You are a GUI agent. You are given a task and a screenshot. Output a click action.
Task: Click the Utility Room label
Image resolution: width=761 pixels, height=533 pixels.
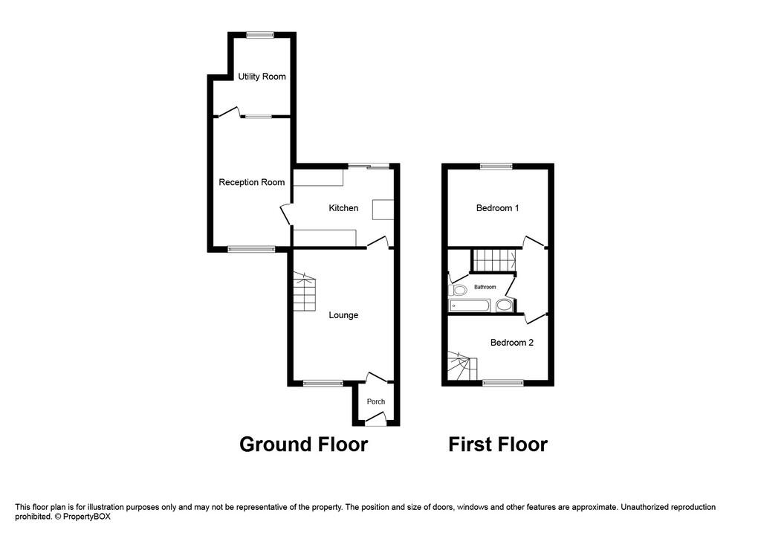(x=262, y=77)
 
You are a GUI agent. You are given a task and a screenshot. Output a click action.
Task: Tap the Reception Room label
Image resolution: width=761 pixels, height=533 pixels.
(x=251, y=182)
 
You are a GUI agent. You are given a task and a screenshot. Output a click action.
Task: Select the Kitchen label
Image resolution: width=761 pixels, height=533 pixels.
(x=343, y=208)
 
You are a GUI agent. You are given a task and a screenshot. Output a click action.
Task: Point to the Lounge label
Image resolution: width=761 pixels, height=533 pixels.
(x=343, y=315)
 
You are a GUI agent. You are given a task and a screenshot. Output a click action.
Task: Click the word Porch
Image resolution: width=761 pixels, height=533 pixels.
(x=376, y=402)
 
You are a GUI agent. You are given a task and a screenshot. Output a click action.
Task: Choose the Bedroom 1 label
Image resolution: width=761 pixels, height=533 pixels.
(x=497, y=208)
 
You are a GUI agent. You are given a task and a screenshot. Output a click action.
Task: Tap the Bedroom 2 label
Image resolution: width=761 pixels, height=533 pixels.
(x=511, y=343)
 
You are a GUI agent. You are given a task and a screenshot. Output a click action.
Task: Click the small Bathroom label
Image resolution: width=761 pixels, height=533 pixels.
(x=485, y=287)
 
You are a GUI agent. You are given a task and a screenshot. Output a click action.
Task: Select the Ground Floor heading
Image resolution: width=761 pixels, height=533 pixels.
(x=303, y=445)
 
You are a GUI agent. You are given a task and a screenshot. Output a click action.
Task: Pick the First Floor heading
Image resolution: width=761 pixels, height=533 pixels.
(x=498, y=445)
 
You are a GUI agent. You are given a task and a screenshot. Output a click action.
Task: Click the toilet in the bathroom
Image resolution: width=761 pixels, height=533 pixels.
(x=459, y=290)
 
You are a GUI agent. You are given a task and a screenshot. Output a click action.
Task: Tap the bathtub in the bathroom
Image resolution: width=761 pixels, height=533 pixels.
(x=469, y=305)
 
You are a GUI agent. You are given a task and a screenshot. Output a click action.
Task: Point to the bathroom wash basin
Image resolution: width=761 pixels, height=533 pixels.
(x=505, y=305)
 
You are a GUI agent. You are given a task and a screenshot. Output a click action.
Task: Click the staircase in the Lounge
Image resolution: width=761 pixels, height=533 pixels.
(x=305, y=293)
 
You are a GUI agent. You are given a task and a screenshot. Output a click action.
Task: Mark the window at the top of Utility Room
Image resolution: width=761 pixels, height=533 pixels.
(x=260, y=34)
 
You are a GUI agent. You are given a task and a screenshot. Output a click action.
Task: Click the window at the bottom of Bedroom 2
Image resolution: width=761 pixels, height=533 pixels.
(x=503, y=383)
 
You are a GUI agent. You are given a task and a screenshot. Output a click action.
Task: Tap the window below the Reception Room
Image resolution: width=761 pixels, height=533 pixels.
(x=247, y=249)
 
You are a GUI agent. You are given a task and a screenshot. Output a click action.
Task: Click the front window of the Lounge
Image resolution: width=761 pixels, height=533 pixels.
(x=323, y=384)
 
